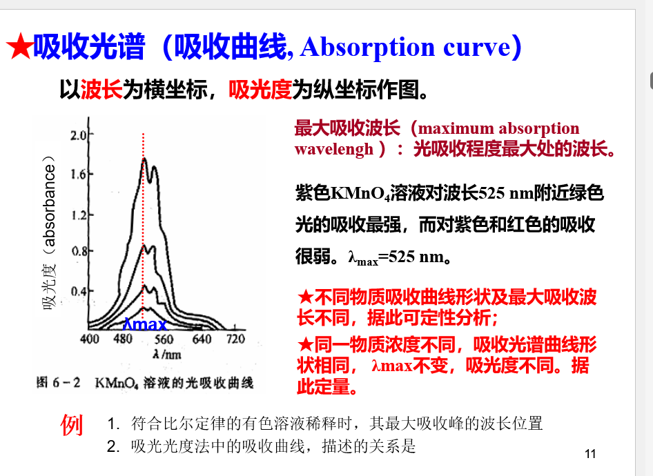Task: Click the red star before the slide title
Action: click(19, 46)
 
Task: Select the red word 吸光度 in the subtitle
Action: click(260, 89)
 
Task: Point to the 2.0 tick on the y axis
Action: click(78, 135)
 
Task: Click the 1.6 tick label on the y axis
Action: click(78, 174)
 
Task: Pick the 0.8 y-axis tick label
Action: click(78, 251)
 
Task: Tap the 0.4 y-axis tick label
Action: click(78, 291)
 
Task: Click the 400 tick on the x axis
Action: click(90, 339)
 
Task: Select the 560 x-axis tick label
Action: click(164, 339)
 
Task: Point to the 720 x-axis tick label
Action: click(235, 339)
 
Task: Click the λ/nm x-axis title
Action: click(166, 354)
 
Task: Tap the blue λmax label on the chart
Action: click(145, 324)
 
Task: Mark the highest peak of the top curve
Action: click(144, 158)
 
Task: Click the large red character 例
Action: click(72, 425)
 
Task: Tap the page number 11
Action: click(590, 453)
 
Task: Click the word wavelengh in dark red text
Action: click(334, 150)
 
